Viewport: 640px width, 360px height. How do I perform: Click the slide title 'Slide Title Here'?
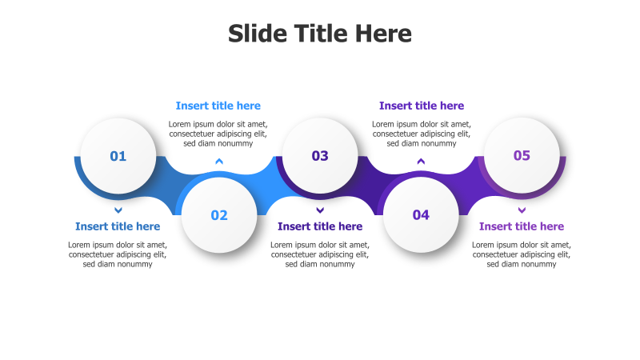pyautogui.click(x=320, y=34)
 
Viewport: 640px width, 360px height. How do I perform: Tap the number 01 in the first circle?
pyautogui.click(x=118, y=156)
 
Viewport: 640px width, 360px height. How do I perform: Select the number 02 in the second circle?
pyautogui.click(x=219, y=215)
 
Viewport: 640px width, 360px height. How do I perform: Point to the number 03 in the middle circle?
pyautogui.click(x=320, y=156)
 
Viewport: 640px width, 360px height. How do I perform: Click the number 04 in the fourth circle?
pyautogui.click(x=421, y=215)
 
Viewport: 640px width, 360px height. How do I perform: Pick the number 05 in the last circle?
pyautogui.click(x=522, y=156)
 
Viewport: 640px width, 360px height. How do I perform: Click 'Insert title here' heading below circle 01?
pyautogui.click(x=118, y=226)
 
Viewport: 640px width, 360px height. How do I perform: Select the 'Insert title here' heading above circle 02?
pyautogui.click(x=218, y=106)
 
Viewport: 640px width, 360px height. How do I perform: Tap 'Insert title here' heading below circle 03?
pyautogui.click(x=320, y=226)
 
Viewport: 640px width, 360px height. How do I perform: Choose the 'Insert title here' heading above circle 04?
pyautogui.click(x=422, y=106)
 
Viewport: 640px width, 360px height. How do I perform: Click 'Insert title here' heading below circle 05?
pyautogui.click(x=522, y=226)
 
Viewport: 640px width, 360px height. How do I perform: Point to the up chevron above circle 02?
pyautogui.click(x=219, y=162)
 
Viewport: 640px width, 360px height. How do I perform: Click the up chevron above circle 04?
pyautogui.click(x=421, y=162)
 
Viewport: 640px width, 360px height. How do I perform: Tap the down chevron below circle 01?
pyautogui.click(x=118, y=210)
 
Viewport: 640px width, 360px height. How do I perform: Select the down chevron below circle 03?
pyautogui.click(x=320, y=210)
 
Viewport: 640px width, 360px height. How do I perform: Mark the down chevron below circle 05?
pyautogui.click(x=522, y=210)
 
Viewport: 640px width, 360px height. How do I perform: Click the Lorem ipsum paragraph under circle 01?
pyautogui.click(x=118, y=254)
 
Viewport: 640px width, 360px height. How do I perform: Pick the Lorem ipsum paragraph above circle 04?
pyautogui.click(x=422, y=134)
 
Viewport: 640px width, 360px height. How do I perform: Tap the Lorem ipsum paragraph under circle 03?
pyautogui.click(x=320, y=254)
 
